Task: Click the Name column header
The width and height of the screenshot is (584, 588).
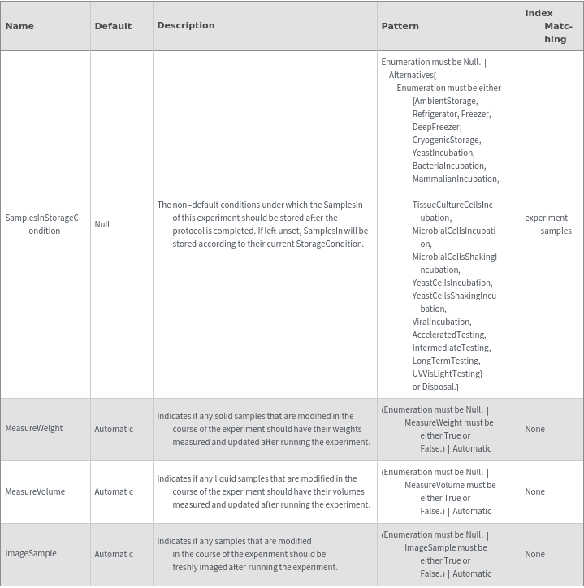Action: (19, 26)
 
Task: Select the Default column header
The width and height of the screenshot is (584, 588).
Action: (113, 26)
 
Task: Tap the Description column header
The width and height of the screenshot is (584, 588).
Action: (186, 25)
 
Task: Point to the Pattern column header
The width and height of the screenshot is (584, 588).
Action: (400, 26)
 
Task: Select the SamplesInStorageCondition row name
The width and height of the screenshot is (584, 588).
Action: (44, 224)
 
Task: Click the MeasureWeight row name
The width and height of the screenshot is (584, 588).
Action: (34, 429)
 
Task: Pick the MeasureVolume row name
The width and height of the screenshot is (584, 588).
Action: (35, 491)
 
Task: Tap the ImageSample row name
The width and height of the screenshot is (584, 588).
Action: (31, 554)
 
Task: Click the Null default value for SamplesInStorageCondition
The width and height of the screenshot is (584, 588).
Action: (102, 224)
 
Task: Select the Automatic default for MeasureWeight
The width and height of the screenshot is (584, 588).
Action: (114, 429)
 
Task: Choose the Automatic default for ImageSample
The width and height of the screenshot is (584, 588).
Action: (114, 554)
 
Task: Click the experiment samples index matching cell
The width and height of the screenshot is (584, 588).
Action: (548, 224)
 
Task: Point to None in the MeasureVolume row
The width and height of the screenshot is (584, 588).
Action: (534, 491)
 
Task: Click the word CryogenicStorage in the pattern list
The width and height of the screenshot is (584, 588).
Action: (446, 140)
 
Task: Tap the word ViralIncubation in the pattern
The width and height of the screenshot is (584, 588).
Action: (441, 322)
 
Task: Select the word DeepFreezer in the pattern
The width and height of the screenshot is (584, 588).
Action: (436, 127)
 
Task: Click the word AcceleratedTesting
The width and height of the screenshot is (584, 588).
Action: (448, 335)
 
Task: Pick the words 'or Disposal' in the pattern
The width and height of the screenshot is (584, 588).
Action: (435, 387)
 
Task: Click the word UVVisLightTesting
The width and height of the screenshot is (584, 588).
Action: (447, 374)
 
